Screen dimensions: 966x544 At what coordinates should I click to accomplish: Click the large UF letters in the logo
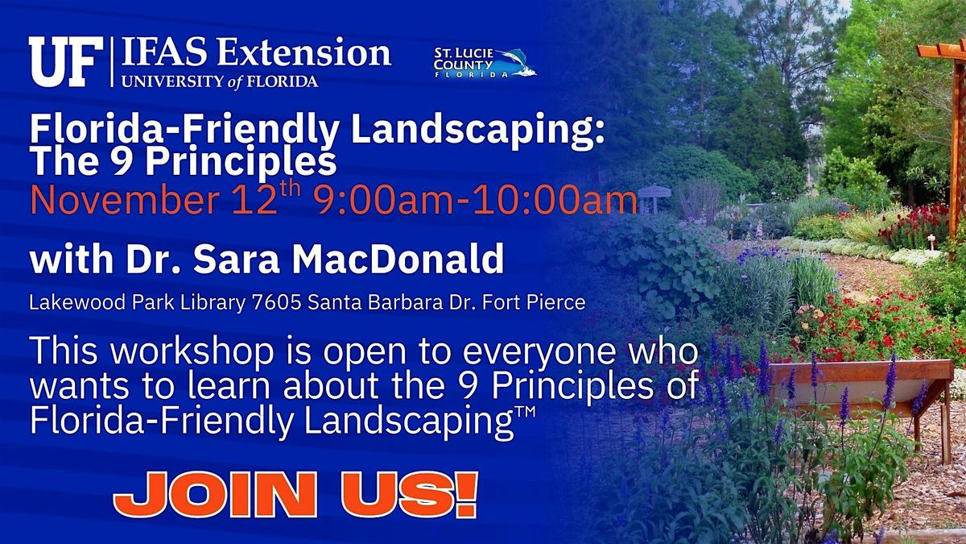click(66, 61)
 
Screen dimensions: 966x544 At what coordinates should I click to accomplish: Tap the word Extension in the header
click(303, 52)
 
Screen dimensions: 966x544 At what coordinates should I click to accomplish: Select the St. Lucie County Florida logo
click(485, 63)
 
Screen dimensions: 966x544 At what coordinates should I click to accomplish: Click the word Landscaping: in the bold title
click(479, 131)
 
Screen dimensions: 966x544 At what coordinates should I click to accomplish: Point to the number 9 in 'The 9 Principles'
click(121, 161)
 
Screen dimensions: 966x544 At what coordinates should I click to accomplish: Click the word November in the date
click(125, 200)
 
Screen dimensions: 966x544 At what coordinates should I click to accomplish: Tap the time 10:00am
click(555, 200)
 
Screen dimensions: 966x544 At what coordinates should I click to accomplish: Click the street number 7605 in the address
click(276, 303)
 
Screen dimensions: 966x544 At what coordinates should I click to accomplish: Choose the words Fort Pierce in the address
click(534, 303)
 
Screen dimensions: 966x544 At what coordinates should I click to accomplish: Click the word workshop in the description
click(192, 351)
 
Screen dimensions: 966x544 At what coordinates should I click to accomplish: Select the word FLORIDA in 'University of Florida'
click(282, 81)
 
